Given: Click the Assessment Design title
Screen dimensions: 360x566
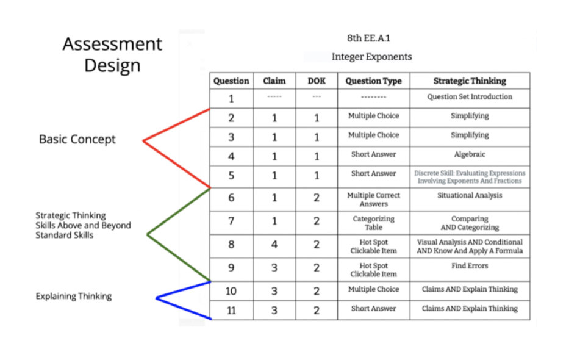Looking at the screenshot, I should tap(112, 54).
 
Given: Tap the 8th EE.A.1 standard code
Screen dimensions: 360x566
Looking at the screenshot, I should tap(368, 38).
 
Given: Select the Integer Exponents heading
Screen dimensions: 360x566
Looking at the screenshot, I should tap(371, 57).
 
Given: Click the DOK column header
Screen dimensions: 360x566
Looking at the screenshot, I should tap(316, 81).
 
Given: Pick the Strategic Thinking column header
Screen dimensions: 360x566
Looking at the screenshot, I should tap(470, 81).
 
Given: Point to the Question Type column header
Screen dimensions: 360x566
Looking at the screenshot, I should tap(373, 81).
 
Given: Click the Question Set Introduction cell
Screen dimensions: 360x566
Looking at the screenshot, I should tap(470, 97).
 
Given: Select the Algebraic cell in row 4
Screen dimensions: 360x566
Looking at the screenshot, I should tap(470, 155).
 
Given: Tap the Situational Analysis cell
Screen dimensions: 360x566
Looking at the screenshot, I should tap(470, 196).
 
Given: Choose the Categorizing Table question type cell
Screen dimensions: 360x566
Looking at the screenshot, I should tap(373, 223).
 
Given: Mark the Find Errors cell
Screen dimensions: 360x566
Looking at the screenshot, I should tap(470, 266).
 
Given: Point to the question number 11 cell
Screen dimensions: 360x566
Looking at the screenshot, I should tap(231, 310).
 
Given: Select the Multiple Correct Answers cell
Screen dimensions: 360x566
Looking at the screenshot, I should tap(373, 200).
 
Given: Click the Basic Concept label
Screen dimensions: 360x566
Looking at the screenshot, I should tap(77, 140).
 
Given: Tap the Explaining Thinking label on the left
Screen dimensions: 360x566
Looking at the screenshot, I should tap(73, 297).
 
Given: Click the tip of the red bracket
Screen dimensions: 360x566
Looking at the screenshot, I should tap(144, 141).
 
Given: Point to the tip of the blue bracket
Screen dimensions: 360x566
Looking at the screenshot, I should tap(157, 298).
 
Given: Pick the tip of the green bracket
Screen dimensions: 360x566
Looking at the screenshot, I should tap(148, 234).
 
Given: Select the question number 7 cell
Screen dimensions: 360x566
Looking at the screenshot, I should tap(231, 221).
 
